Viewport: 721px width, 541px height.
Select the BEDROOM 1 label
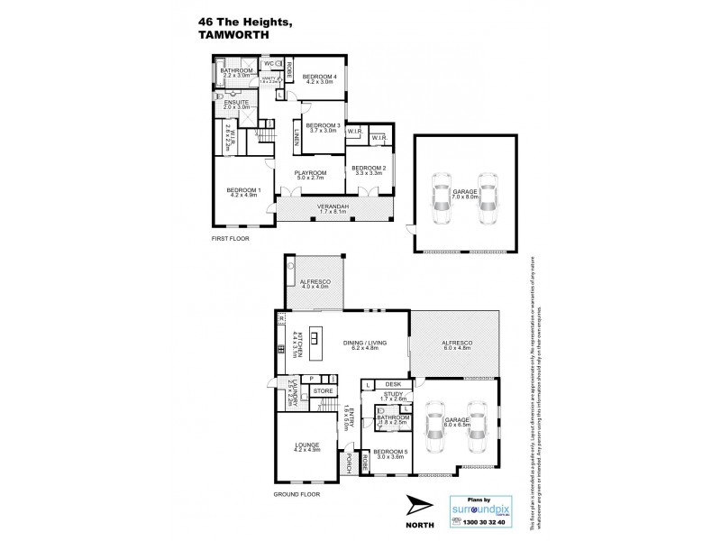tap(243, 190)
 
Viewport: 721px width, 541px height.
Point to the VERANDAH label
tap(334, 209)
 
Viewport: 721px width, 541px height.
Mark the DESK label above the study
tap(393, 383)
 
